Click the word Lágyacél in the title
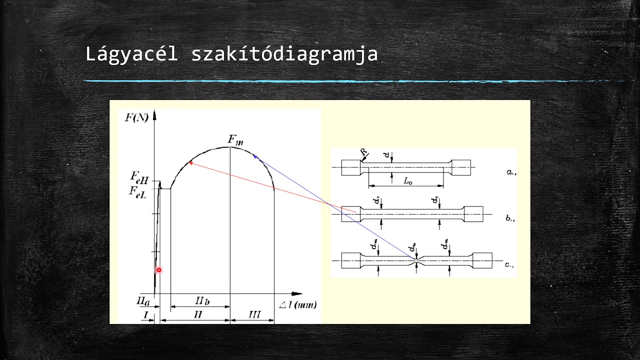pos(131,54)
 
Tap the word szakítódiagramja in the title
pos(284,54)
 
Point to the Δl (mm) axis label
pos(298,304)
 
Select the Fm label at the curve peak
pos(235,140)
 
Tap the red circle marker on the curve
pos(159,270)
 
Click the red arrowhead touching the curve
pos(191,162)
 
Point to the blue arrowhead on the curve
pos(255,156)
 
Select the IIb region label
pos(201,300)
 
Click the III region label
pos(254,314)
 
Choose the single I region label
pos(145,314)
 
